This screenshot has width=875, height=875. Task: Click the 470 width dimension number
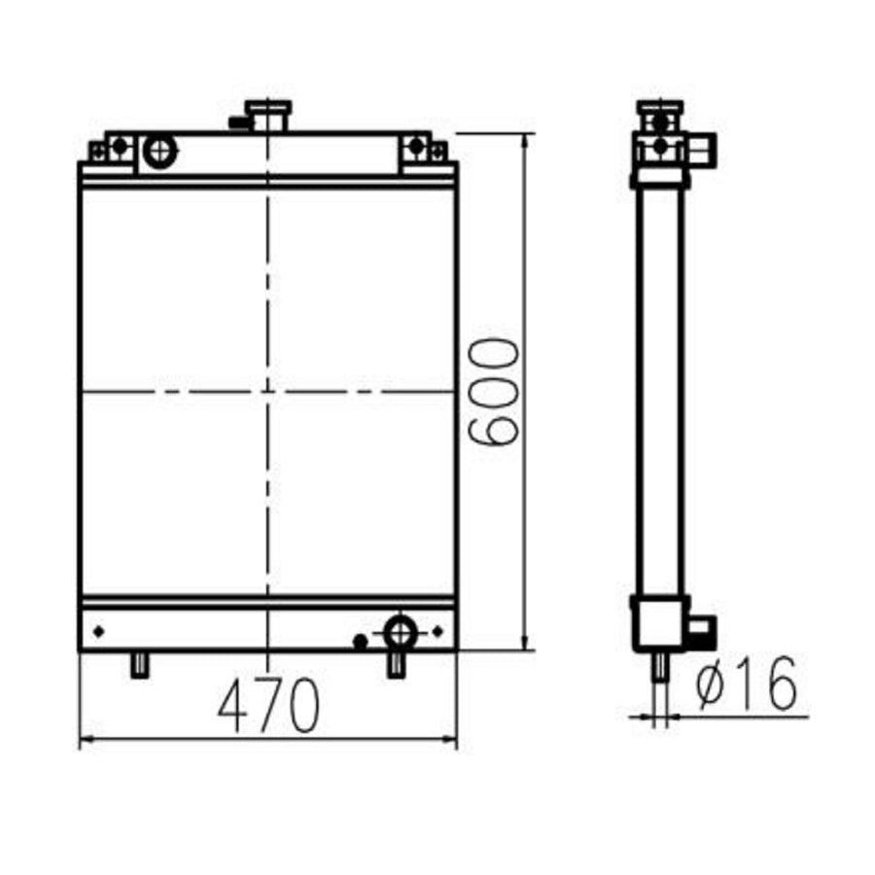pos(268,707)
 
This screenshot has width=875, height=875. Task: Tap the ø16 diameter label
pos(748,683)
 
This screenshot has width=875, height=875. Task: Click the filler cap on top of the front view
pos(267,114)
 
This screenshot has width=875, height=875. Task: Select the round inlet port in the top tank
pos(159,150)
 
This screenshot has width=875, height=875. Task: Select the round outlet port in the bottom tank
pos(400,632)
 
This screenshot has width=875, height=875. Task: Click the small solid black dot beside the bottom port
pos(360,641)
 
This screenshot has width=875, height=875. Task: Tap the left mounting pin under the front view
pos(140,665)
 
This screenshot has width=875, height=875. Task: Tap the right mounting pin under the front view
pos(396,665)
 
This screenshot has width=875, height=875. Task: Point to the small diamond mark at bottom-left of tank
pos(98,632)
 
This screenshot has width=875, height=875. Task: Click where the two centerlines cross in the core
pos(267,392)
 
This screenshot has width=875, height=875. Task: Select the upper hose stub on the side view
pos(704,148)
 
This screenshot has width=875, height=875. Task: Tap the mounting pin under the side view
pos(659,666)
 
